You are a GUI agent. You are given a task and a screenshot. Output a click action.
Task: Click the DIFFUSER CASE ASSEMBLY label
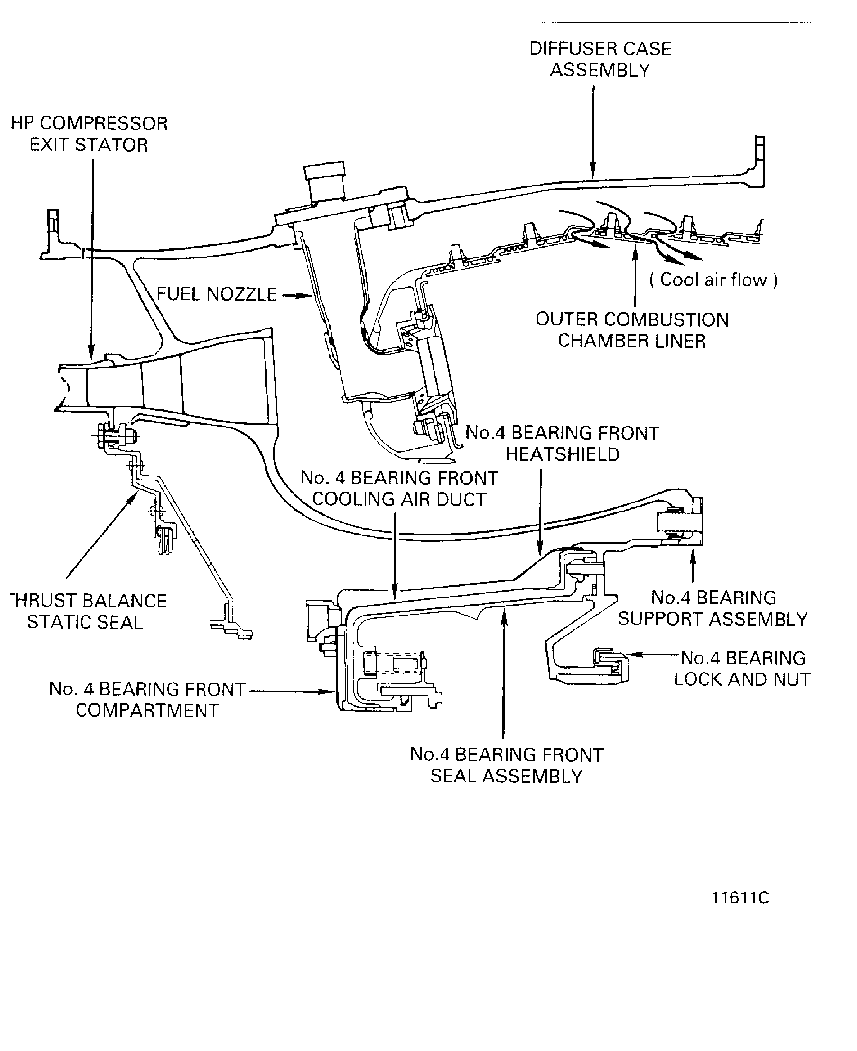(600, 59)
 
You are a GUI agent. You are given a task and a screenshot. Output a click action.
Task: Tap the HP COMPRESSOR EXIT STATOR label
(89, 134)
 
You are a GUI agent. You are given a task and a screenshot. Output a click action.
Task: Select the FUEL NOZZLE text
(216, 294)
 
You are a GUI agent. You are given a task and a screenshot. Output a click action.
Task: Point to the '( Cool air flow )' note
(713, 280)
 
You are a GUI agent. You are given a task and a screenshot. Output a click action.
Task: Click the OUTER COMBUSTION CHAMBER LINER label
(632, 330)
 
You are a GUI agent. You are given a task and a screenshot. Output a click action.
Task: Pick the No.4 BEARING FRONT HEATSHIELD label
(562, 443)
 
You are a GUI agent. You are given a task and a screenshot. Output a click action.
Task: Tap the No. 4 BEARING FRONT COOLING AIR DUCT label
(399, 489)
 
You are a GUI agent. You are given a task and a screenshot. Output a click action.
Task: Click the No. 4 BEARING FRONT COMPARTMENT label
(147, 700)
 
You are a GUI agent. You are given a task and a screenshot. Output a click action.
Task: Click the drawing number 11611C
(740, 898)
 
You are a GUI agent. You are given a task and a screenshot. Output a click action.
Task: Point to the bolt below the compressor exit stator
(115, 436)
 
